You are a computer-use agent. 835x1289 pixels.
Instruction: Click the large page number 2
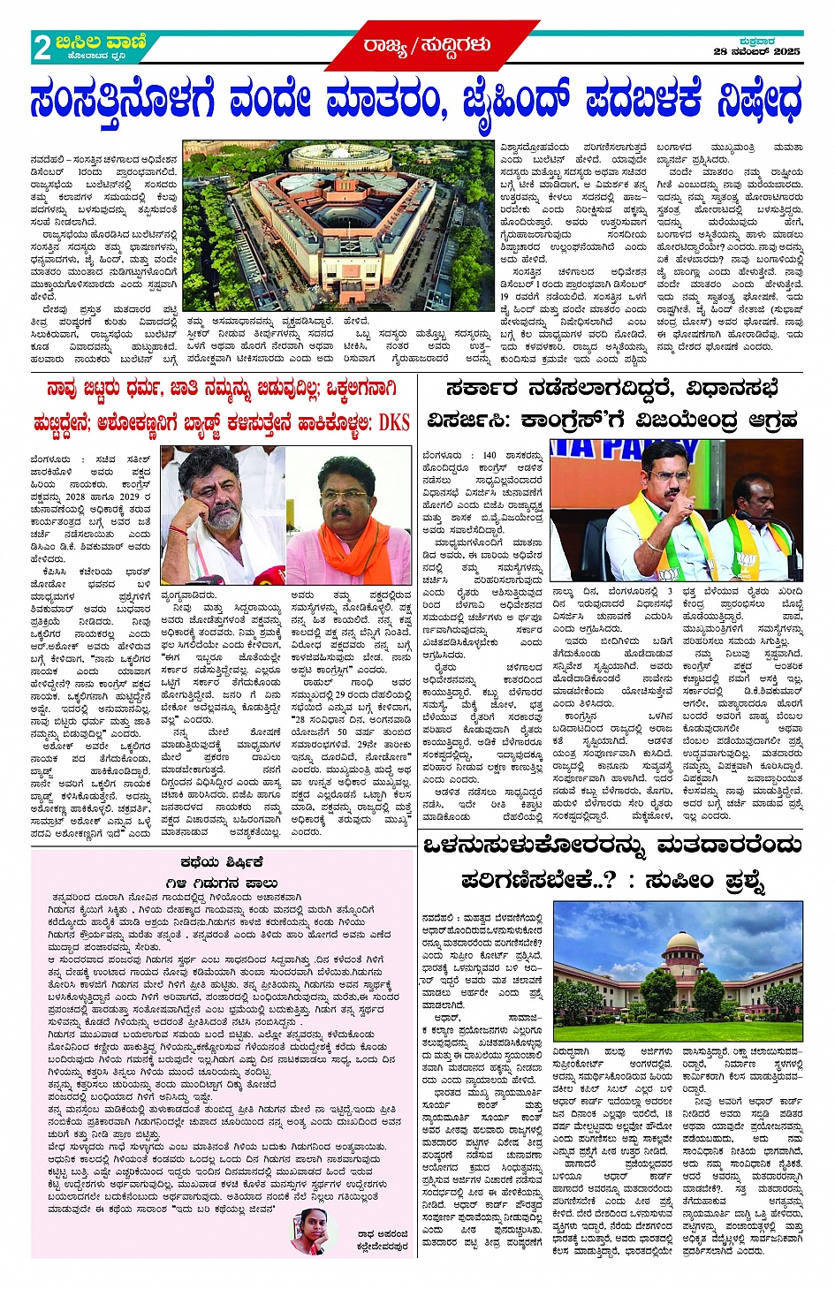(x=42, y=48)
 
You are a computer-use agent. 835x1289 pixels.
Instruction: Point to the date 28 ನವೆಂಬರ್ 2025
(x=757, y=52)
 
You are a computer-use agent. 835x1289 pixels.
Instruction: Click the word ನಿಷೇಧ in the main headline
(x=759, y=101)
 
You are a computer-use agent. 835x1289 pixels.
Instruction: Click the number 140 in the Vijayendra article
(x=490, y=456)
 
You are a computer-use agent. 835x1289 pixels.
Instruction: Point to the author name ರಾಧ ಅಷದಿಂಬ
(x=383, y=1235)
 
